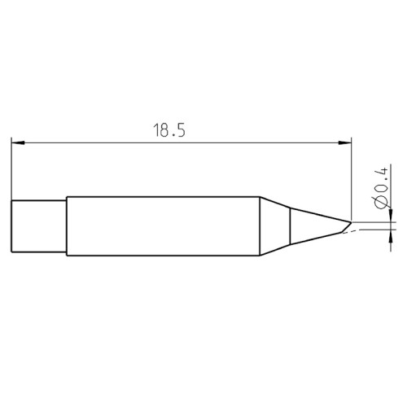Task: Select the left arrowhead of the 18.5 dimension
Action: tap(17, 144)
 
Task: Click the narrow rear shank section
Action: tap(38, 226)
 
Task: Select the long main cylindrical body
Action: tap(163, 226)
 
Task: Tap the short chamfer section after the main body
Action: tap(275, 226)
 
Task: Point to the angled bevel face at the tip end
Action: tap(346, 225)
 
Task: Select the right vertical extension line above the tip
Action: tap(352, 179)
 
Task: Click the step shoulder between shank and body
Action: tap(67, 226)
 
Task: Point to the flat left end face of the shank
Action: tap(11, 226)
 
